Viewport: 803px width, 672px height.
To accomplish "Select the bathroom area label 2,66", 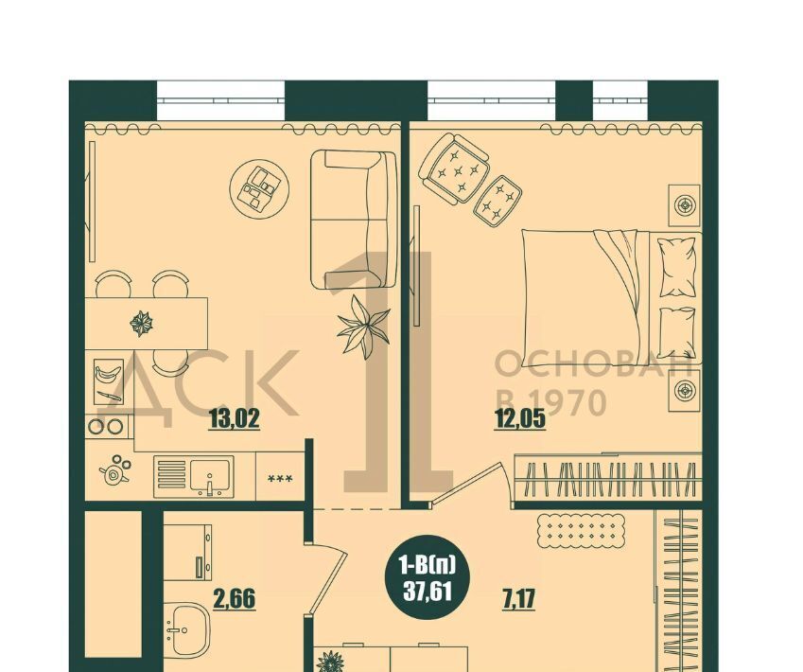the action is [234, 598].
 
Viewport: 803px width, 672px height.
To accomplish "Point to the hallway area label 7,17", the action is [519, 598].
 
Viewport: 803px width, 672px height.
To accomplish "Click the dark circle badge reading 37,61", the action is [428, 576].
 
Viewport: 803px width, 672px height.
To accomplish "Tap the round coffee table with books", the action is [259, 188].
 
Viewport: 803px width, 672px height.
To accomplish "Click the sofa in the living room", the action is [354, 220].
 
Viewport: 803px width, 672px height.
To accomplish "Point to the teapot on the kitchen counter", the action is [114, 470].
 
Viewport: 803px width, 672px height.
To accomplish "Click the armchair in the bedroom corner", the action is [453, 168].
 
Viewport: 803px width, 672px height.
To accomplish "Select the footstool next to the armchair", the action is [498, 202].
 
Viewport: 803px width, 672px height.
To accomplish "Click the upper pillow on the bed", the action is [677, 267].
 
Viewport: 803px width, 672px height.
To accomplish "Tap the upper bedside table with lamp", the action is [685, 205].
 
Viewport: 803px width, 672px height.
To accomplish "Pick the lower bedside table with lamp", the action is [685, 391].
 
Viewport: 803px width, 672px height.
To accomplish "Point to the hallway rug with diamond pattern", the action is [582, 531].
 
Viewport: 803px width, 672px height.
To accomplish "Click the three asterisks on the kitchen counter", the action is [281, 479].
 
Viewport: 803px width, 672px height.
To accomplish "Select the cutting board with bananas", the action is [109, 381].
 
